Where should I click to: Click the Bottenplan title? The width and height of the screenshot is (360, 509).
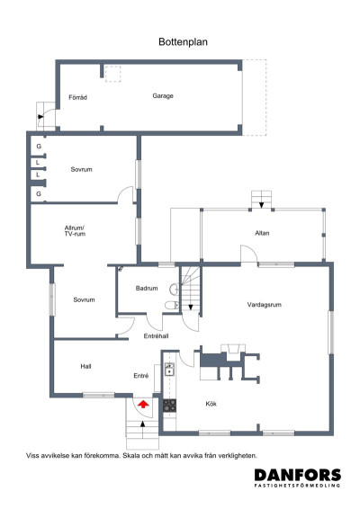183,42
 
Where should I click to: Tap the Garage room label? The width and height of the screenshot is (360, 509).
163,95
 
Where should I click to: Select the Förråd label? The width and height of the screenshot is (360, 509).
77,97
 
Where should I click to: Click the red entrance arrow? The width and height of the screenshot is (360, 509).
143,404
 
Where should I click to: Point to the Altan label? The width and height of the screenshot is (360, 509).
262,233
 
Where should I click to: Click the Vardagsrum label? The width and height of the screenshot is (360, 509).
265,305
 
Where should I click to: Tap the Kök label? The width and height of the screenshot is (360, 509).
211,404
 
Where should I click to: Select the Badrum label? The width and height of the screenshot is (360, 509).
147,288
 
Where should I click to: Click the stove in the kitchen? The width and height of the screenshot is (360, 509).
169,406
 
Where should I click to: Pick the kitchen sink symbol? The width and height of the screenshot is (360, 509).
169,369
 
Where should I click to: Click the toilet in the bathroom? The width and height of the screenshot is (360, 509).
172,305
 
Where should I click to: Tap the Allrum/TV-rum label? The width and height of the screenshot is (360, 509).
75,231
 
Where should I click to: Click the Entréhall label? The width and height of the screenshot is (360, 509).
156,336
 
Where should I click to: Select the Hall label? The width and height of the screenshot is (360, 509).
85,367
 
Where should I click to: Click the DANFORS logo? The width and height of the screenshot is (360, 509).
298,478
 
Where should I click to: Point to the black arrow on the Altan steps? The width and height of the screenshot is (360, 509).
261,205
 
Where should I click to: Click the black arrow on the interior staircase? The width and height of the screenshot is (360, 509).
191,307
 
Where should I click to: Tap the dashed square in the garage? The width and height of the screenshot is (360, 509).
112,74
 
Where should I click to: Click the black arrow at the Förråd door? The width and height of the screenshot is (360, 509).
40,117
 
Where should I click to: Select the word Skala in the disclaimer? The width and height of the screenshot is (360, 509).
131,456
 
